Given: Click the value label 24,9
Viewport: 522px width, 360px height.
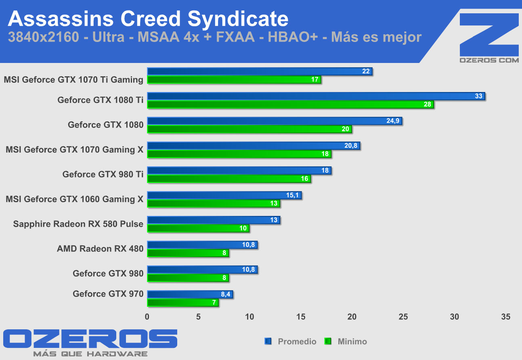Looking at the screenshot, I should pyautogui.click(x=393, y=121).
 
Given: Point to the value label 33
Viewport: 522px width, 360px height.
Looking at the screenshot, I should pyautogui.click(x=479, y=96).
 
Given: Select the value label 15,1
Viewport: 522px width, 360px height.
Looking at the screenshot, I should pyautogui.click(x=293, y=195).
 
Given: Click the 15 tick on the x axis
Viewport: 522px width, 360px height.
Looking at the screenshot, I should pyautogui.click(x=301, y=317).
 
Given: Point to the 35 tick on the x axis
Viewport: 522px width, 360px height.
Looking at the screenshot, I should pyautogui.click(x=505, y=317).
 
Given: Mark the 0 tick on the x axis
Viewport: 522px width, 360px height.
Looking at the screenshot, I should pyautogui.click(x=147, y=317).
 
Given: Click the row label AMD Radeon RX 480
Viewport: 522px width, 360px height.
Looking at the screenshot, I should pyautogui.click(x=100, y=249).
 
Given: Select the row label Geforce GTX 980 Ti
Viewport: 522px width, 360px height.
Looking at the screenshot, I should pyautogui.click(x=103, y=174).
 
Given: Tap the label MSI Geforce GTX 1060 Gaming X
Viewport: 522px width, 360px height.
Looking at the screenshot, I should pyautogui.click(x=75, y=199).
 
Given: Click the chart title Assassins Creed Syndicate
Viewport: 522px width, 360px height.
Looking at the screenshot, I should pyautogui.click(x=148, y=19).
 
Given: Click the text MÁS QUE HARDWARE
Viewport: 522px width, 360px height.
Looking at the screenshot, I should pyautogui.click(x=90, y=354).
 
